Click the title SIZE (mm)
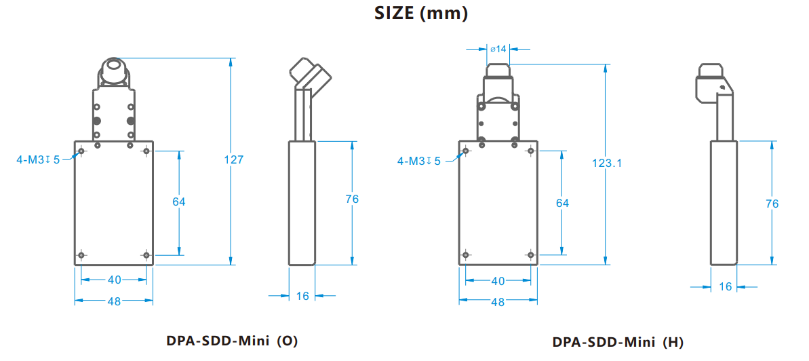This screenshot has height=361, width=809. tap(422, 14)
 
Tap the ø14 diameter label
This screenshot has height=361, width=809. tap(497, 49)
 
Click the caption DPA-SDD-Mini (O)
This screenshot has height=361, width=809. tap(232, 341)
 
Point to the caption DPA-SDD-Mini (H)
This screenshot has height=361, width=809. tap(618, 342)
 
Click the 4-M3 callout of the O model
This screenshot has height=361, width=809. tap(38, 159)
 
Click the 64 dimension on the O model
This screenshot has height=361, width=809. tap(179, 202)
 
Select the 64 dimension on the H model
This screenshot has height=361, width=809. tap(562, 203)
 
